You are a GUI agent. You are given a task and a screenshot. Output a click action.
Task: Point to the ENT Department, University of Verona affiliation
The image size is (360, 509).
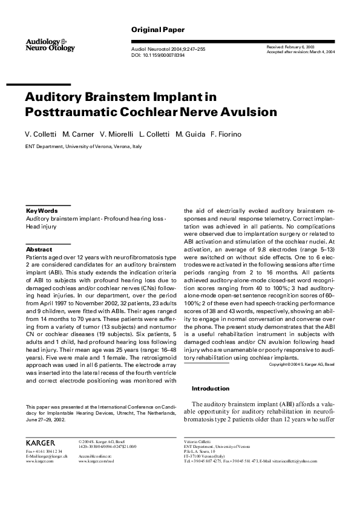(x=83, y=146)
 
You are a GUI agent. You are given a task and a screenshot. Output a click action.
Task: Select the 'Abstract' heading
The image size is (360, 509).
(x=39, y=249)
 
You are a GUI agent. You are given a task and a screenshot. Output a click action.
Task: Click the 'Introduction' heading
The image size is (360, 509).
(x=211, y=388)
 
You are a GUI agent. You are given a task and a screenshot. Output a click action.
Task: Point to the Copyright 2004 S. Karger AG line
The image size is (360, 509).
(x=301, y=365)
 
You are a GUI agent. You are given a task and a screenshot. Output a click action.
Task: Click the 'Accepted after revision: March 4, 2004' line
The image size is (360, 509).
(x=301, y=52)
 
